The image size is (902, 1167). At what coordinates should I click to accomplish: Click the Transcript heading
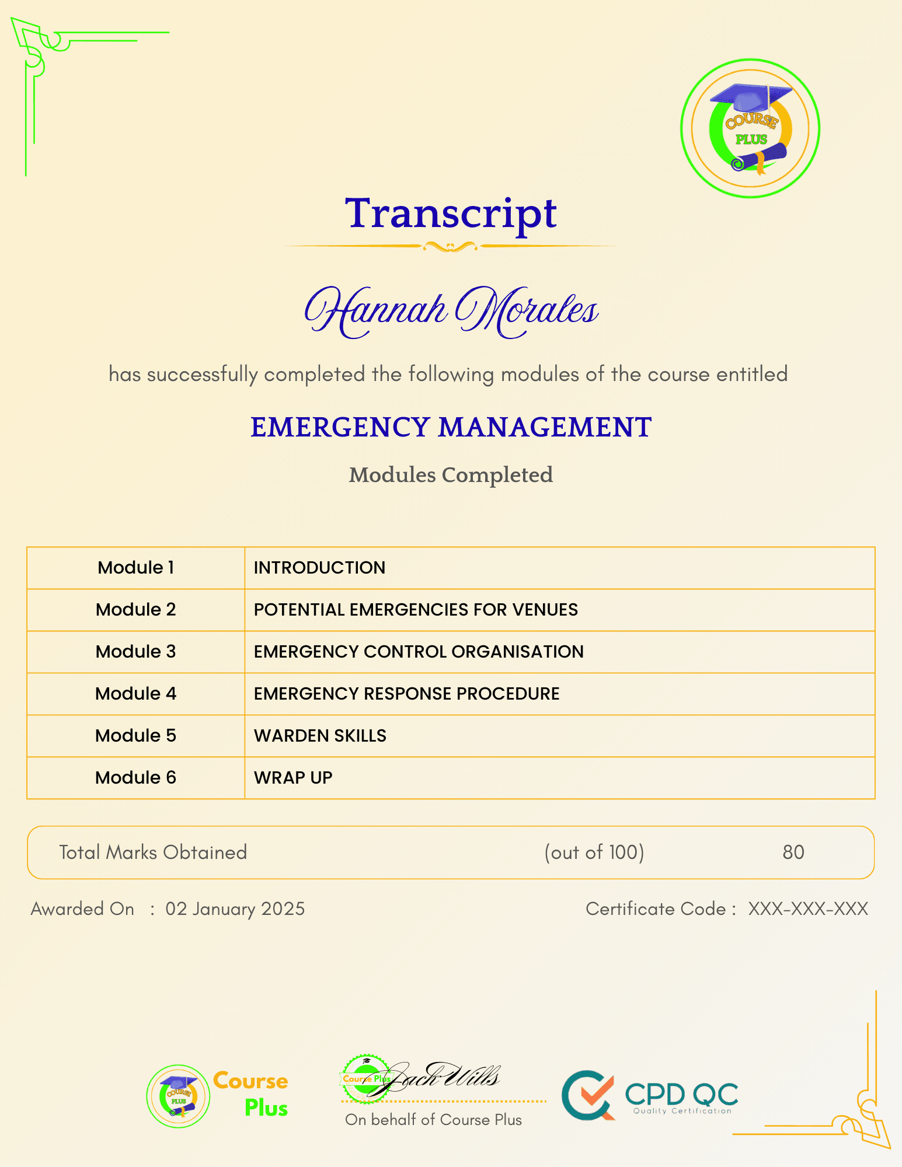click(x=451, y=214)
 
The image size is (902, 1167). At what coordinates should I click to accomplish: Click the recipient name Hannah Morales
click(x=451, y=310)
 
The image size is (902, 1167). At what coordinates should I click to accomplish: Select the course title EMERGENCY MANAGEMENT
click(x=451, y=427)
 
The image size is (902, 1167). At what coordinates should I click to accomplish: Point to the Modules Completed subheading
click(x=451, y=475)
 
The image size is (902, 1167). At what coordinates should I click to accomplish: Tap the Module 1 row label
click(x=135, y=568)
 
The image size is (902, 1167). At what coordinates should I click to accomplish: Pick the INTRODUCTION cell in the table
click(x=319, y=568)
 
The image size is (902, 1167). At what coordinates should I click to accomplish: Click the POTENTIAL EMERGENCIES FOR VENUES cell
click(x=416, y=610)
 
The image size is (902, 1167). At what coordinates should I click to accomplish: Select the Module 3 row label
click(x=135, y=652)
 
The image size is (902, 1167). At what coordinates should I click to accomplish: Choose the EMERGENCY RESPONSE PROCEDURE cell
click(x=406, y=694)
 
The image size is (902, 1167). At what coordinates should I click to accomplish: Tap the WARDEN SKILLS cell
click(x=320, y=736)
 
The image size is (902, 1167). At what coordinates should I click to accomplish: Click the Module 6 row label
click(x=135, y=778)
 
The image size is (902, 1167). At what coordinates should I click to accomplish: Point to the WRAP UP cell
click(x=293, y=778)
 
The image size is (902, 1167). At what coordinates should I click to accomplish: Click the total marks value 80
click(x=793, y=852)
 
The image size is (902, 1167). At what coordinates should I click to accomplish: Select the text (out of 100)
click(x=594, y=852)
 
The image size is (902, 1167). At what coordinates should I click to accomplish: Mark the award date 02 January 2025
click(x=235, y=909)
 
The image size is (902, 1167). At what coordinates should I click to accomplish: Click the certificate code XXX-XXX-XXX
click(x=808, y=909)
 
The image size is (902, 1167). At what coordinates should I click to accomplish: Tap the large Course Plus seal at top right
click(x=750, y=128)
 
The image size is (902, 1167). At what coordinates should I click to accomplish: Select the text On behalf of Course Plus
click(x=433, y=1120)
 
